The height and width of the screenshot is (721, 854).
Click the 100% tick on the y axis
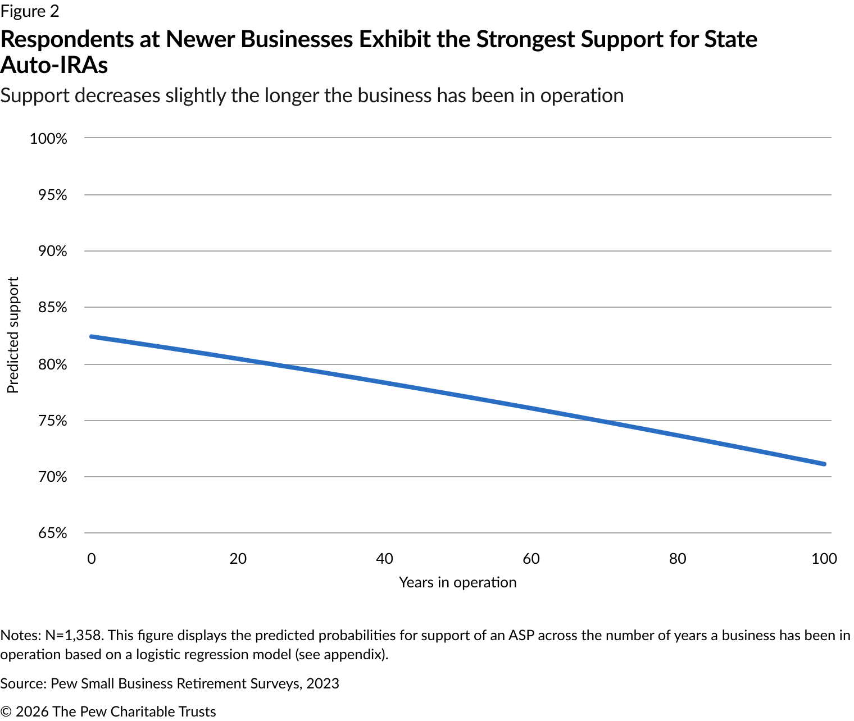(x=48, y=139)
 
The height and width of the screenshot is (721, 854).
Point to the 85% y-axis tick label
(x=52, y=308)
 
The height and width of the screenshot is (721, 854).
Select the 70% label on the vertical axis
(x=52, y=477)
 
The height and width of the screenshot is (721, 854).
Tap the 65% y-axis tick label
(x=52, y=533)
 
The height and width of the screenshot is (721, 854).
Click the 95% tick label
(x=52, y=195)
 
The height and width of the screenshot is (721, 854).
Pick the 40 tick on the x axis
(x=384, y=559)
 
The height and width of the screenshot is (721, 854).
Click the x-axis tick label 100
(x=824, y=559)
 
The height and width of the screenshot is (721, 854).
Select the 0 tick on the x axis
(x=92, y=559)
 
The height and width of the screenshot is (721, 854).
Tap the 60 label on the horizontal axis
(x=531, y=559)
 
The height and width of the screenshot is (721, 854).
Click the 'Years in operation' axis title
(x=457, y=582)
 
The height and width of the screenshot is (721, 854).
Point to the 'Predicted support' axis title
(x=13, y=335)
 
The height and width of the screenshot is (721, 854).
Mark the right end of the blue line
(x=824, y=464)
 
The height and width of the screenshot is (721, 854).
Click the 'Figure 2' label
(x=30, y=11)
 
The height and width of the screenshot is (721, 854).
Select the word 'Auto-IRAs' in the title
(x=54, y=66)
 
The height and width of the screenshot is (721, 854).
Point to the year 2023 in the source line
(x=322, y=683)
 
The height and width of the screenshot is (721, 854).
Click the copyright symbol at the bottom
(x=6, y=712)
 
